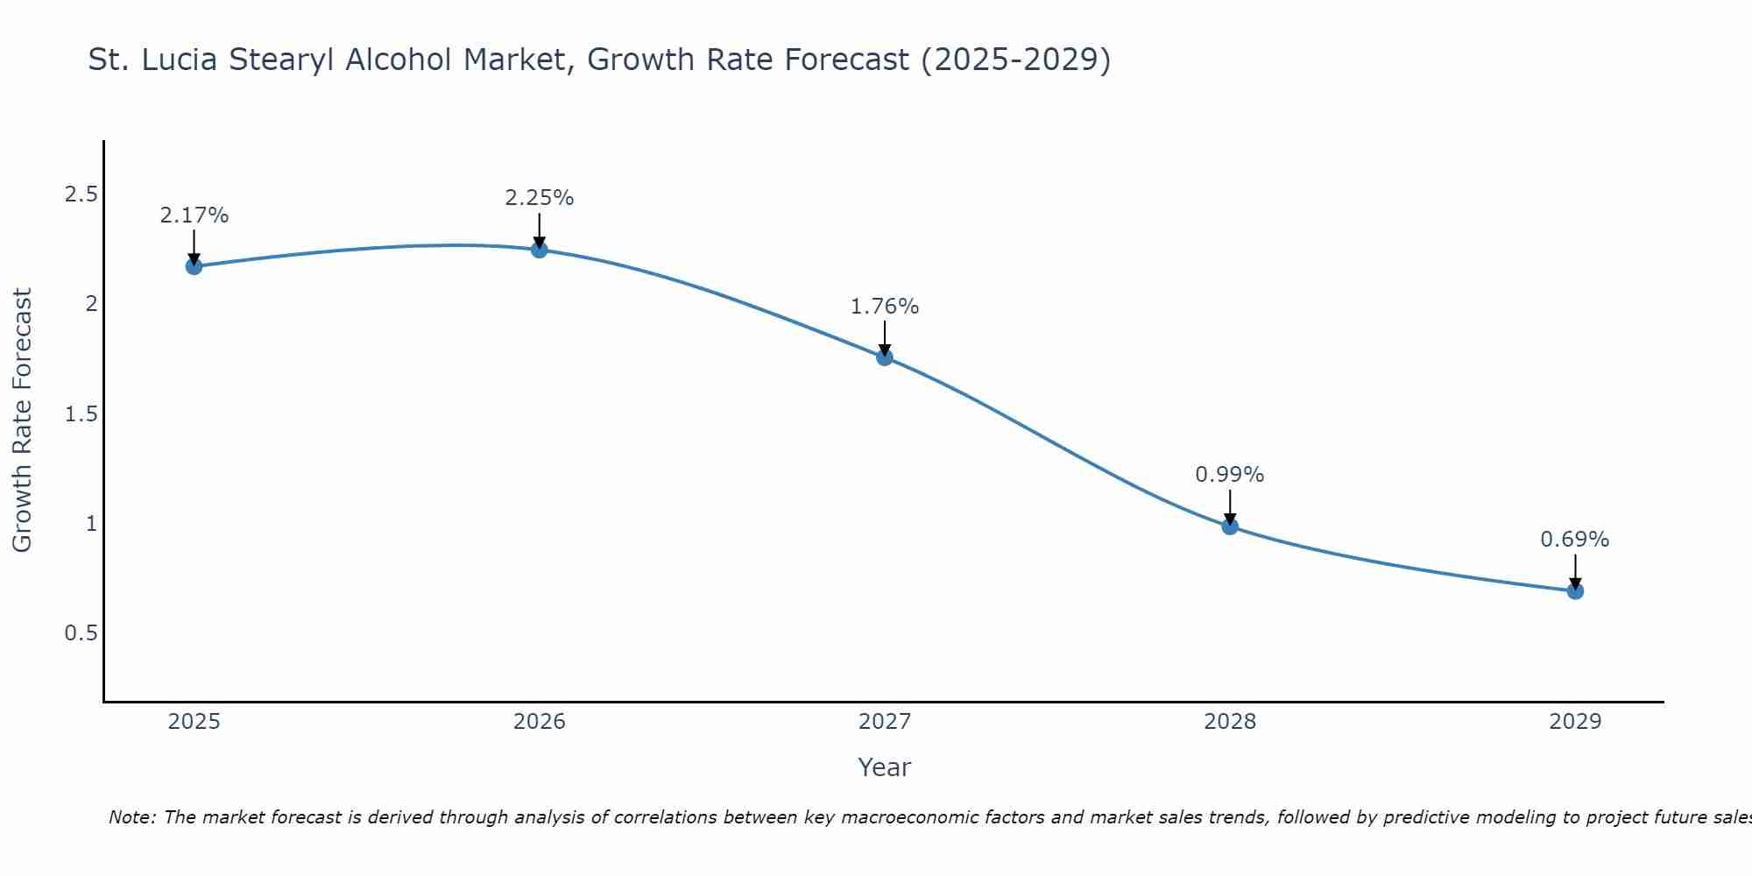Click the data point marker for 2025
click(x=194, y=266)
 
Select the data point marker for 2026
click(x=540, y=250)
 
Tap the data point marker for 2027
click(x=885, y=357)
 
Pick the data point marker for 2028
click(x=1230, y=526)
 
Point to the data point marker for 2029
click(x=1575, y=591)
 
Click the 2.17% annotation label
click(x=194, y=215)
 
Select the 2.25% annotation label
click(x=540, y=198)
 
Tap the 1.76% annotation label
click(x=885, y=307)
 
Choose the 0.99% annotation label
click(x=1230, y=475)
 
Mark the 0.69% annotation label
click(x=1575, y=540)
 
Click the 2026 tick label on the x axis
click(x=540, y=722)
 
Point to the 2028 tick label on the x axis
click(x=1230, y=722)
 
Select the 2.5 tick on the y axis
click(x=81, y=194)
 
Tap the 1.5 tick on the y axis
click(x=81, y=413)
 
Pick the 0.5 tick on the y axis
click(x=81, y=632)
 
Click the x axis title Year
click(x=885, y=767)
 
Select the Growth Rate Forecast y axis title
click(x=22, y=420)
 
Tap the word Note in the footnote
click(x=131, y=817)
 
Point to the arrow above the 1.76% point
click(x=885, y=337)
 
